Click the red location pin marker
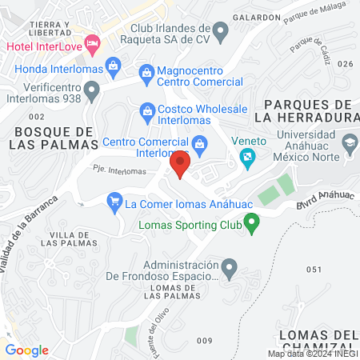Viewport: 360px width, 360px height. click(x=179, y=165)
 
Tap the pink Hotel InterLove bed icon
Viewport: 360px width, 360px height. click(x=92, y=42)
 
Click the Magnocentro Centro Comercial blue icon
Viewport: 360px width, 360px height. click(x=146, y=73)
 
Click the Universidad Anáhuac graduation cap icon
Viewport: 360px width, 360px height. click(x=349, y=145)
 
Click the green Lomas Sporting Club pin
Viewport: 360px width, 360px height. click(x=251, y=223)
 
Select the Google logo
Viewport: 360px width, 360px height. click(x=26, y=350)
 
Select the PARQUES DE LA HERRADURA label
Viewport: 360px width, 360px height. click(x=308, y=111)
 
